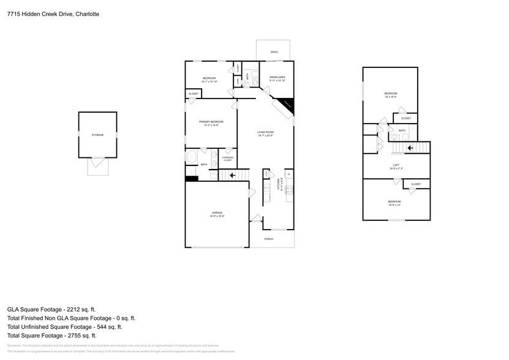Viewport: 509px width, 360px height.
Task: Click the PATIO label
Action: (x=274, y=53)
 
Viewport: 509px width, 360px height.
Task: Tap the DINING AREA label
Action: (x=277, y=78)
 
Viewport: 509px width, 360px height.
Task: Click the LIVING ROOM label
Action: (x=265, y=132)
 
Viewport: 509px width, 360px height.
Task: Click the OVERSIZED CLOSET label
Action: (x=227, y=159)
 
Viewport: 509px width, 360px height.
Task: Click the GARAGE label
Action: (x=217, y=213)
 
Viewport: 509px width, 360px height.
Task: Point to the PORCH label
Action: (x=268, y=239)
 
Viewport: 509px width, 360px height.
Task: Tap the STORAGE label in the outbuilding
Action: (x=97, y=135)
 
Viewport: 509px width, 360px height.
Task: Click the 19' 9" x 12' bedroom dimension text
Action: (x=394, y=205)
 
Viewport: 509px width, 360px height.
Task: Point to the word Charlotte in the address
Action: (x=88, y=13)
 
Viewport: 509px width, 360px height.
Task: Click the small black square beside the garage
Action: (x=192, y=179)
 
